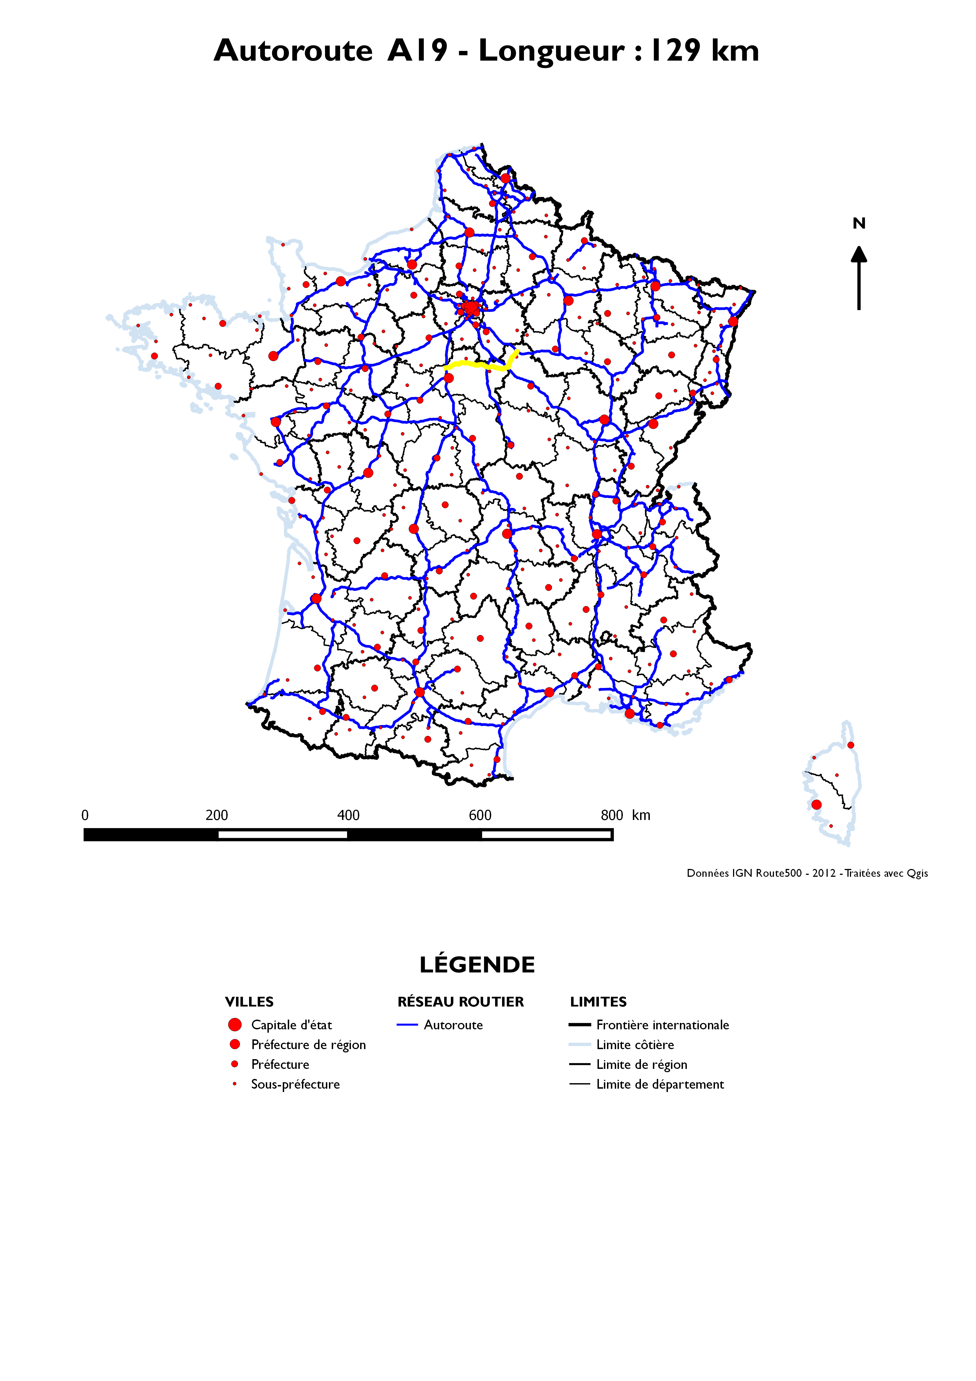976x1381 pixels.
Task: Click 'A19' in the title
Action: (417, 50)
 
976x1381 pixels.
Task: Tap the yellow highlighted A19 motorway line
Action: (475, 364)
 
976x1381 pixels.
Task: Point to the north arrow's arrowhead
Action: (859, 255)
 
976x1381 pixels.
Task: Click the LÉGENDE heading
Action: (477, 965)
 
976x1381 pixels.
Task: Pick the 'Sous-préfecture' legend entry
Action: (295, 1084)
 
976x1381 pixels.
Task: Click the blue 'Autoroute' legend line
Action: (407, 1025)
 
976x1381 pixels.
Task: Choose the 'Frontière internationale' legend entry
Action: (662, 1025)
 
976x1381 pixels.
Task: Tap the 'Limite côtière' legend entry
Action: (635, 1045)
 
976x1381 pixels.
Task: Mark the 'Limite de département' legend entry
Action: (660, 1084)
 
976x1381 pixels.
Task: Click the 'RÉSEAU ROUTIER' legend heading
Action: (461, 1002)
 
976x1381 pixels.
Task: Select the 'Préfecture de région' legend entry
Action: (308, 1045)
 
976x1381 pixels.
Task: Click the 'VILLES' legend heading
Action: (249, 1002)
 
